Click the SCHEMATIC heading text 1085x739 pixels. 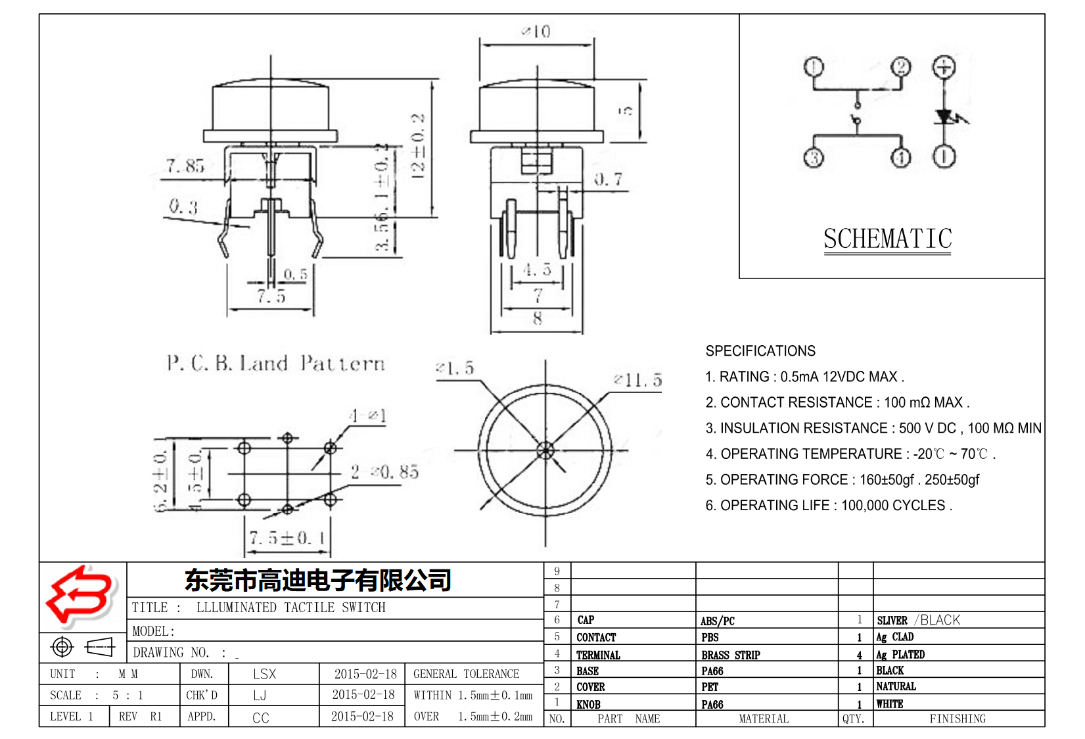(887, 239)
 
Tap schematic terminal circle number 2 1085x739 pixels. (901, 67)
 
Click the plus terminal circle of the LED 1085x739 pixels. (944, 67)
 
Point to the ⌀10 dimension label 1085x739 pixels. (536, 32)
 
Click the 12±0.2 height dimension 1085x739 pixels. (418, 146)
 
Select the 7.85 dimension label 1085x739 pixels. (185, 166)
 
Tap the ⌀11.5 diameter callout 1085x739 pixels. (637, 380)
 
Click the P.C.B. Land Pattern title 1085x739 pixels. (275, 364)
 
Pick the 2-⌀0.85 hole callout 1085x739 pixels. (384, 471)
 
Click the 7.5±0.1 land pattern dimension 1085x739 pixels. (287, 538)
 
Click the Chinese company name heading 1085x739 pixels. (318, 580)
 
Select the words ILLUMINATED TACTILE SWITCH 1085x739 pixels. (291, 608)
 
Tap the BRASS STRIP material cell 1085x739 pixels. (730, 655)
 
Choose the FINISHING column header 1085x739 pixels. (958, 719)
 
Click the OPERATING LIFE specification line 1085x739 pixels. (828, 506)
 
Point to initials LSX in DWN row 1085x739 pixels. (264, 674)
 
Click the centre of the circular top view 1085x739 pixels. (545, 450)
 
